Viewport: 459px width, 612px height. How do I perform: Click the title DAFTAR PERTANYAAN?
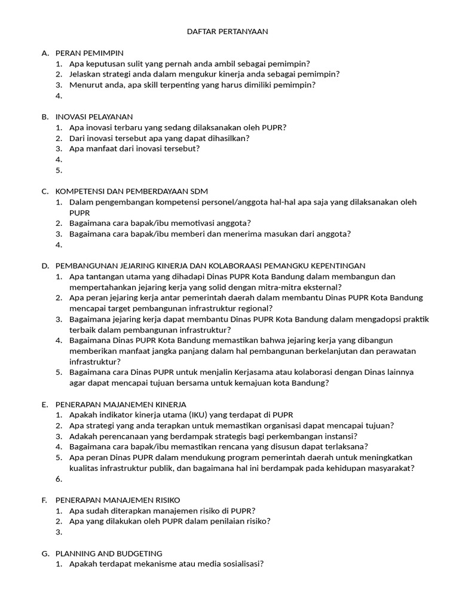tap(229, 32)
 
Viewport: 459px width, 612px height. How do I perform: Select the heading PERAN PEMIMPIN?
tap(89, 53)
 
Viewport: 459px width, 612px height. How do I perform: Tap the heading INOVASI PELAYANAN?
tap(94, 117)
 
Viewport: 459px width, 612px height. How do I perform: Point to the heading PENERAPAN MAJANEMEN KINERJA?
tap(121, 404)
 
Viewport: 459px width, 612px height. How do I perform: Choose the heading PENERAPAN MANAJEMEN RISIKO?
tap(118, 500)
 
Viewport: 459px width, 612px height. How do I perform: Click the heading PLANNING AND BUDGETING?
tap(109, 553)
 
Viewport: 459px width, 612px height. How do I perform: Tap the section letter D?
tap(45, 266)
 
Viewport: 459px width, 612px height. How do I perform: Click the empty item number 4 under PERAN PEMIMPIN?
tap(59, 96)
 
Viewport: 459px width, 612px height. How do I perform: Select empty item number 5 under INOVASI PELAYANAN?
tap(59, 170)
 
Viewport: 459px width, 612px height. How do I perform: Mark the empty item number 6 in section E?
tap(59, 479)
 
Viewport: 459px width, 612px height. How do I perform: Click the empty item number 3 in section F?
tap(59, 532)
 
